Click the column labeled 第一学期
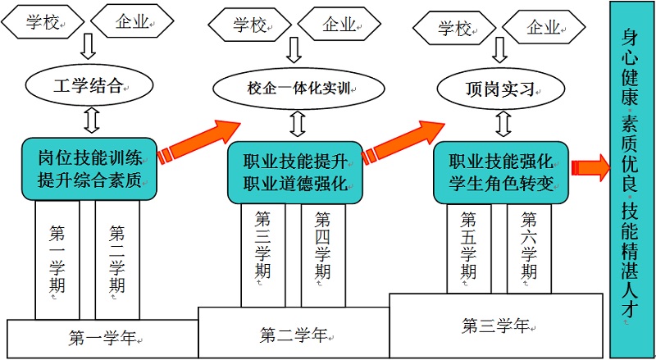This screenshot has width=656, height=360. (57, 258)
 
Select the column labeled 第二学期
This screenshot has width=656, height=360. (117, 258)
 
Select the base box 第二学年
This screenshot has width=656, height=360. (293, 334)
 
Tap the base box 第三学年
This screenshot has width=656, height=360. (494, 325)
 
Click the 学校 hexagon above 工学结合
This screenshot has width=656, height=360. (41, 24)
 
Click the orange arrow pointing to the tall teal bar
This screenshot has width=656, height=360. (590, 167)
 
